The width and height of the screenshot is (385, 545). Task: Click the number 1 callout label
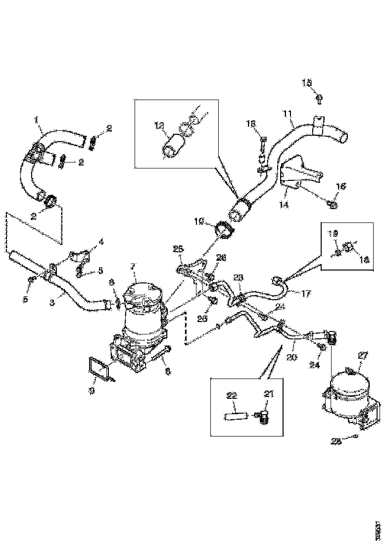point(36,119)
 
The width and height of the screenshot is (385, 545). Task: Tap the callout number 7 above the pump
point(133,267)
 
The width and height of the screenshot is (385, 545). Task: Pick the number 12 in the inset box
point(159,126)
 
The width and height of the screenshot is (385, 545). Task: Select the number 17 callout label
point(306,294)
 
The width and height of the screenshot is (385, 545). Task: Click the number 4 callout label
point(101,242)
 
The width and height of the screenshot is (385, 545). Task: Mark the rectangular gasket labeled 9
point(99,369)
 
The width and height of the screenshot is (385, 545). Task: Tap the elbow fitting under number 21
point(264,417)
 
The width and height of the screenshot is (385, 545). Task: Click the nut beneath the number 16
point(334,203)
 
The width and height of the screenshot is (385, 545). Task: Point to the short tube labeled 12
point(174,147)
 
